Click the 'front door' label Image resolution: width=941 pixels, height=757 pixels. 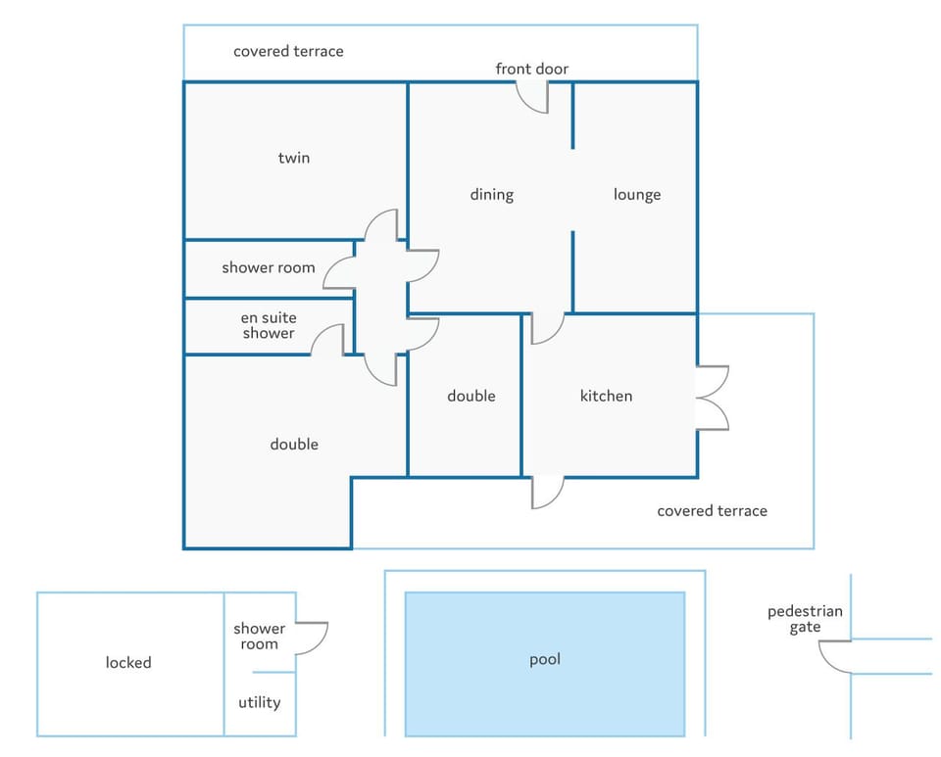531,69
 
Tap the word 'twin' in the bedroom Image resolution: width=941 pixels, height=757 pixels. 294,158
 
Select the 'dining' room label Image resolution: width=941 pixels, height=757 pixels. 491,195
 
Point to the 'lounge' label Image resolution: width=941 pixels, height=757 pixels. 637,195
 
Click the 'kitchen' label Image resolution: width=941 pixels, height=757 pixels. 606,396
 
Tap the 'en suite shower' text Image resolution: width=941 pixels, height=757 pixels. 269,325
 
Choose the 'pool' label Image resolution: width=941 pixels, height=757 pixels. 545,660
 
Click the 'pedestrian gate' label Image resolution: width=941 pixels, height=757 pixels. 805,620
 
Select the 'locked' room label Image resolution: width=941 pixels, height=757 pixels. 128,662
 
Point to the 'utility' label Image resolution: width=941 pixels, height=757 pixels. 259,702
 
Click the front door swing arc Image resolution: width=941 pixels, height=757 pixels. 527,106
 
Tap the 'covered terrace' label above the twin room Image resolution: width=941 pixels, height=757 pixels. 288,52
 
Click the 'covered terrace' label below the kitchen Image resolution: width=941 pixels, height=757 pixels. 713,510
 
